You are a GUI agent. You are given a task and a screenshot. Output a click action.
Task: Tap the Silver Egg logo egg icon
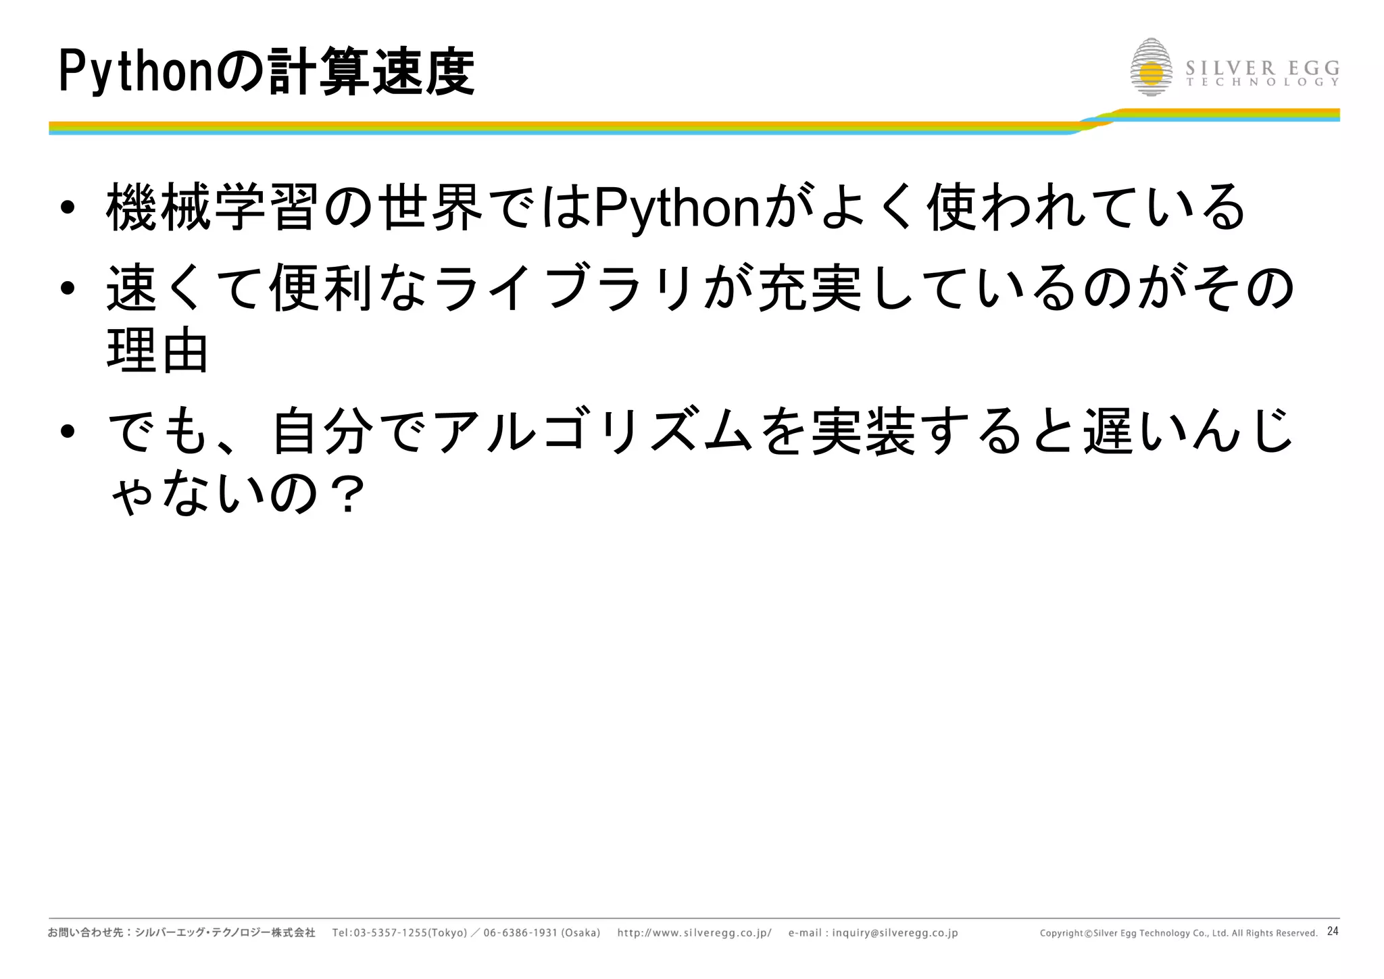(1151, 68)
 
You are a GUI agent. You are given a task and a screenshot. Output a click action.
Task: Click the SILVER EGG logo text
(1262, 69)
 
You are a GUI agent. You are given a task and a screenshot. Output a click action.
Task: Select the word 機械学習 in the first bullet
(212, 208)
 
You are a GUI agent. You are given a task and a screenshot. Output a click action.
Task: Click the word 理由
(157, 351)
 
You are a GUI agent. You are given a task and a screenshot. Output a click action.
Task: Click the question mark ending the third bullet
(349, 495)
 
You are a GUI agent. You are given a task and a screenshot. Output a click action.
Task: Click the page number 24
(1333, 931)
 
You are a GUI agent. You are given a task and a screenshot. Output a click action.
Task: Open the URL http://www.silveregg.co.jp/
(694, 933)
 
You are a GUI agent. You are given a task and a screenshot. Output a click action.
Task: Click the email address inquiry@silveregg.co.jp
(895, 933)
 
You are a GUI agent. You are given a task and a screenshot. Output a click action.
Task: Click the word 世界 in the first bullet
(430, 208)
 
